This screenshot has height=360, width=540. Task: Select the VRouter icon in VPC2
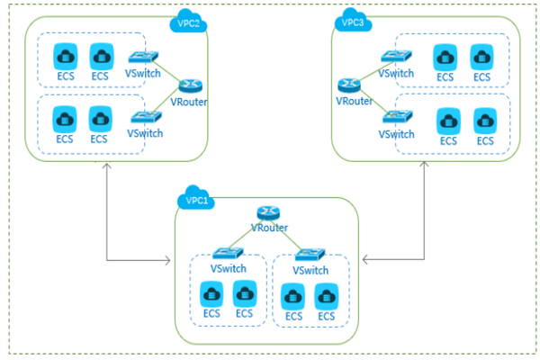pos(189,85)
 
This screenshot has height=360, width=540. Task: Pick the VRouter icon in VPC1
pos(268,212)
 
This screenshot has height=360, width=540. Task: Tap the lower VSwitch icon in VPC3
pos(397,117)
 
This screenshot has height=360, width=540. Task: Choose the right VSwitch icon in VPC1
pos(310,255)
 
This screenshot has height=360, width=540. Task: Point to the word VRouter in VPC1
pos(268,228)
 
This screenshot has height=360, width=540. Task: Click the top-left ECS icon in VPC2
pos(65,56)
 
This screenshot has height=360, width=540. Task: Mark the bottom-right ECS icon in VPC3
pos(485,120)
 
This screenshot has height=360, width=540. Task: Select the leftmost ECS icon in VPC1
pos(211,293)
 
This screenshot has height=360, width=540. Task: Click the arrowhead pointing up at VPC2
pos(106,169)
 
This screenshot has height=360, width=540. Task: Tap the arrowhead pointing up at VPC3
pos(426,169)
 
